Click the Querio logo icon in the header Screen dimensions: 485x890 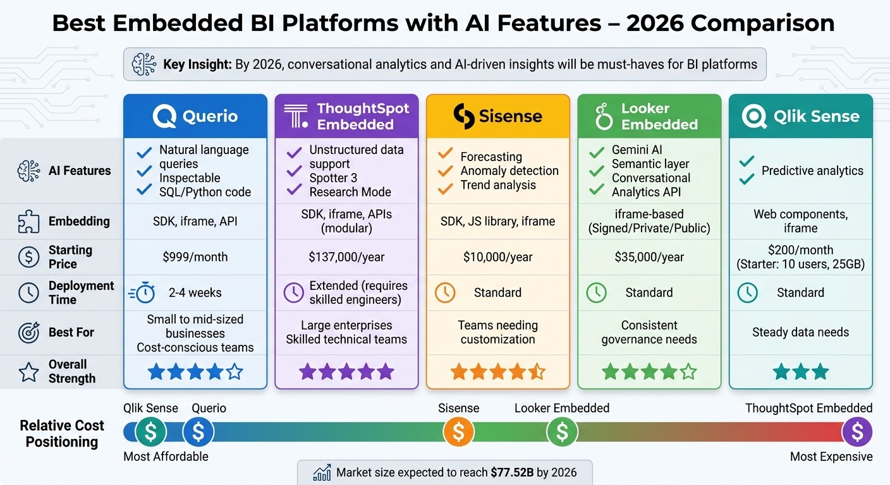[164, 116]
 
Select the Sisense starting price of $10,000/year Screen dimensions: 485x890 [497, 257]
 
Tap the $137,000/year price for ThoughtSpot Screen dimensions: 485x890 [346, 257]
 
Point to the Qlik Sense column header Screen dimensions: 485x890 [800, 116]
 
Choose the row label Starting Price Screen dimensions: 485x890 [70, 257]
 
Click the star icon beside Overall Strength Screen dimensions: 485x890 [28, 372]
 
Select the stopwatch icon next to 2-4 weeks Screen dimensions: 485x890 [142, 293]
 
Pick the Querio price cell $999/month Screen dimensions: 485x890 [195, 257]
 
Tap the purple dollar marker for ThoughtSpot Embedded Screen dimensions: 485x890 [857, 432]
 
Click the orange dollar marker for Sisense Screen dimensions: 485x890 [459, 432]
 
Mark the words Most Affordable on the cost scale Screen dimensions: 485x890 [166, 457]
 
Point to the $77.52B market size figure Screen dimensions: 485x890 [516, 472]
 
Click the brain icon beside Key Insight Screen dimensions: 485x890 [144, 64]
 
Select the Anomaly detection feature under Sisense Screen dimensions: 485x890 [509, 171]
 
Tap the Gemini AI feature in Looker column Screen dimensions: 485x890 [637, 150]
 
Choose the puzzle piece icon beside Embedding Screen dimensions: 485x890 [29, 222]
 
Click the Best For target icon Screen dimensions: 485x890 [29, 332]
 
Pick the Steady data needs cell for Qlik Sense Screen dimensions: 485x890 [800, 332]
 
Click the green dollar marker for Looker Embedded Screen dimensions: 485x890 [562, 432]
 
